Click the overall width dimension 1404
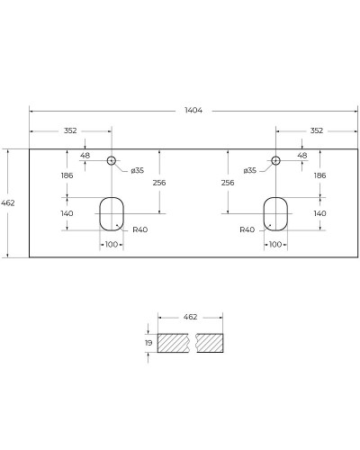pyautogui.click(x=193, y=111)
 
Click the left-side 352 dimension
pyautogui.click(x=69, y=130)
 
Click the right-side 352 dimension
pyautogui.click(x=316, y=130)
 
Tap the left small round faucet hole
pyautogui.click(x=112, y=161)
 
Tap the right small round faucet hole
pyautogui.click(x=276, y=161)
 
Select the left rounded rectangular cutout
pyautogui.click(x=112, y=212)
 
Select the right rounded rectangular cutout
pyautogui.click(x=276, y=212)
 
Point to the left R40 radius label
pyautogui.click(x=139, y=229)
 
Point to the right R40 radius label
pyautogui.click(x=247, y=229)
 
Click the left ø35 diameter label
pyautogui.click(x=138, y=170)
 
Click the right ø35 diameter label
pyautogui.click(x=250, y=170)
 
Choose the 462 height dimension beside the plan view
pyautogui.click(x=8, y=203)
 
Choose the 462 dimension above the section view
pyautogui.click(x=190, y=318)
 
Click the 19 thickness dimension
pyautogui.click(x=148, y=343)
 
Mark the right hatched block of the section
pyautogui.click(x=209, y=343)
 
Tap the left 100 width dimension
pyautogui.click(x=112, y=244)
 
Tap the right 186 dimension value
pyautogui.click(x=319, y=175)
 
